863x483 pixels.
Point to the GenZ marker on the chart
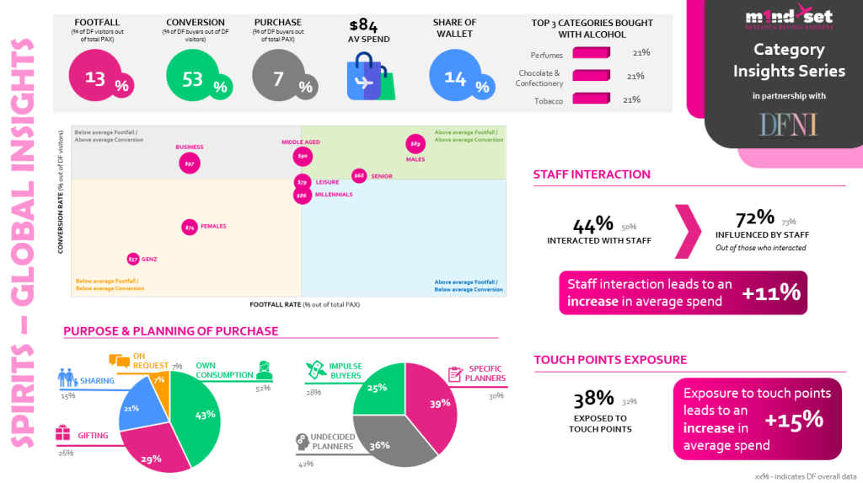133,259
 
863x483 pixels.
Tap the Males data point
415,143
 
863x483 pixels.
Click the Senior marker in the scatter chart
359,175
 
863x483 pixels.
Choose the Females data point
190,227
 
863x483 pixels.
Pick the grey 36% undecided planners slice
381,438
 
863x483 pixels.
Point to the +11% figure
770,292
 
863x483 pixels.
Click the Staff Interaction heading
592,174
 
